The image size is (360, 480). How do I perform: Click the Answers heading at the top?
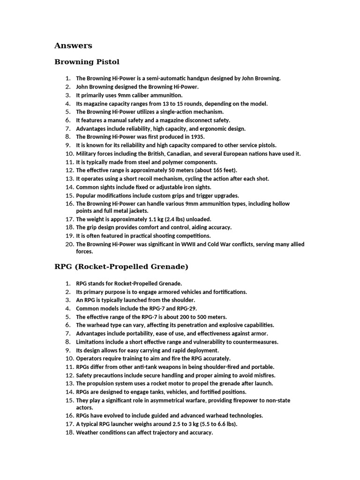(x=73, y=45)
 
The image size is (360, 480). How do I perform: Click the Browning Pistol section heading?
(x=87, y=61)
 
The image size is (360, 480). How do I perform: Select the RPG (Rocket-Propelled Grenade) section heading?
(x=121, y=267)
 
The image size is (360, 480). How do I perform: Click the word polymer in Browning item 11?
(x=176, y=162)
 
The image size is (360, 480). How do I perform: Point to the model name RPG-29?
(x=186, y=308)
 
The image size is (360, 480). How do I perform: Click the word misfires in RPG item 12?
(x=263, y=375)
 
